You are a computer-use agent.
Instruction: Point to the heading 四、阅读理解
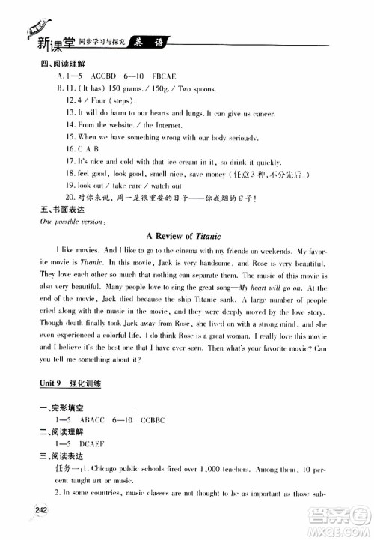tap(58, 64)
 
